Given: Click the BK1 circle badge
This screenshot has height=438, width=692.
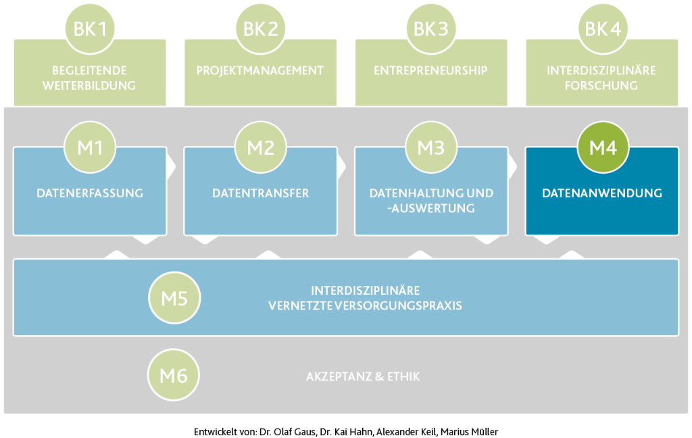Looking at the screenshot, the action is click(x=90, y=28).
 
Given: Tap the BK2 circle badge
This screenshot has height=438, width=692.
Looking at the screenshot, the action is click(x=260, y=28).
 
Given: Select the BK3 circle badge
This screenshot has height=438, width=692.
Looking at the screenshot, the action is click(x=430, y=28).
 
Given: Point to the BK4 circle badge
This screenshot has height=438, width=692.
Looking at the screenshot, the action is click(x=603, y=28).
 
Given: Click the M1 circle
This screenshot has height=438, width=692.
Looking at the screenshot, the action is click(x=90, y=147).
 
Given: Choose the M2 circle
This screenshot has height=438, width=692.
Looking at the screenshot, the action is click(x=260, y=147).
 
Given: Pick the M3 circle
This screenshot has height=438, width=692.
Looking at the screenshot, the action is click(x=431, y=147).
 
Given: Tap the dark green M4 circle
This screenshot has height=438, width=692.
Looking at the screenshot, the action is click(x=603, y=147).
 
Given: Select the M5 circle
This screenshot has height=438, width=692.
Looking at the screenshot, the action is click(x=174, y=298).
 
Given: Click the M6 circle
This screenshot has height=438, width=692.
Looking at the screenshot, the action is click(x=174, y=375).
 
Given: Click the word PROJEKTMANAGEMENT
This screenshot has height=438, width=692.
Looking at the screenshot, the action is click(x=260, y=71).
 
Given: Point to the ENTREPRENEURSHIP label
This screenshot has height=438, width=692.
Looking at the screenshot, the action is click(x=430, y=71).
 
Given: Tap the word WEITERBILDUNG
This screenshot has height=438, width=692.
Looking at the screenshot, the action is click(x=89, y=86).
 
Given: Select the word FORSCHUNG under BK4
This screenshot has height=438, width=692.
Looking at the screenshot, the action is click(x=601, y=86).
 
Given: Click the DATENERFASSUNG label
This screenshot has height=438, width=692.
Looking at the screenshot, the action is click(x=90, y=193).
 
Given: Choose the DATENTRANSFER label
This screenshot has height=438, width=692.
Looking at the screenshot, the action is click(x=260, y=193).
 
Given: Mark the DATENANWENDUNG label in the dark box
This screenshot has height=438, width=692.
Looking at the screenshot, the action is click(x=602, y=193).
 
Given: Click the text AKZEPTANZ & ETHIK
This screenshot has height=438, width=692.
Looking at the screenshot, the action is click(x=363, y=376).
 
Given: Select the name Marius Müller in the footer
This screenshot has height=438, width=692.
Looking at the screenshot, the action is click(x=469, y=432).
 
